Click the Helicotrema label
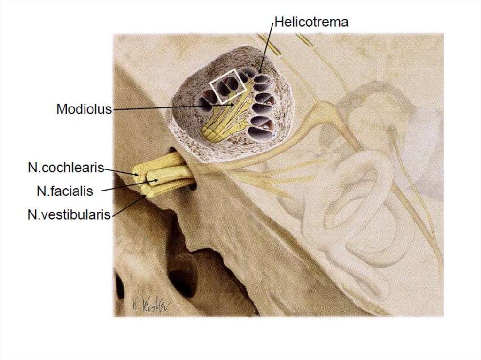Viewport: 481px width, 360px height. [x=311, y=22]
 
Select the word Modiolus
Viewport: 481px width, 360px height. [x=84, y=109]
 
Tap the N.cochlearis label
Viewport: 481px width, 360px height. [x=66, y=168]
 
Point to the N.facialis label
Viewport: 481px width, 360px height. [x=65, y=191]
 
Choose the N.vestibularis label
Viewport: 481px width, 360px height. [x=69, y=214]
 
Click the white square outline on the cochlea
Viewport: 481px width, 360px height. [x=228, y=86]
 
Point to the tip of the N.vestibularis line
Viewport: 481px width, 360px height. [x=145, y=196]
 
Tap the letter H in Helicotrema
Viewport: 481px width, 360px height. [x=279, y=22]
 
